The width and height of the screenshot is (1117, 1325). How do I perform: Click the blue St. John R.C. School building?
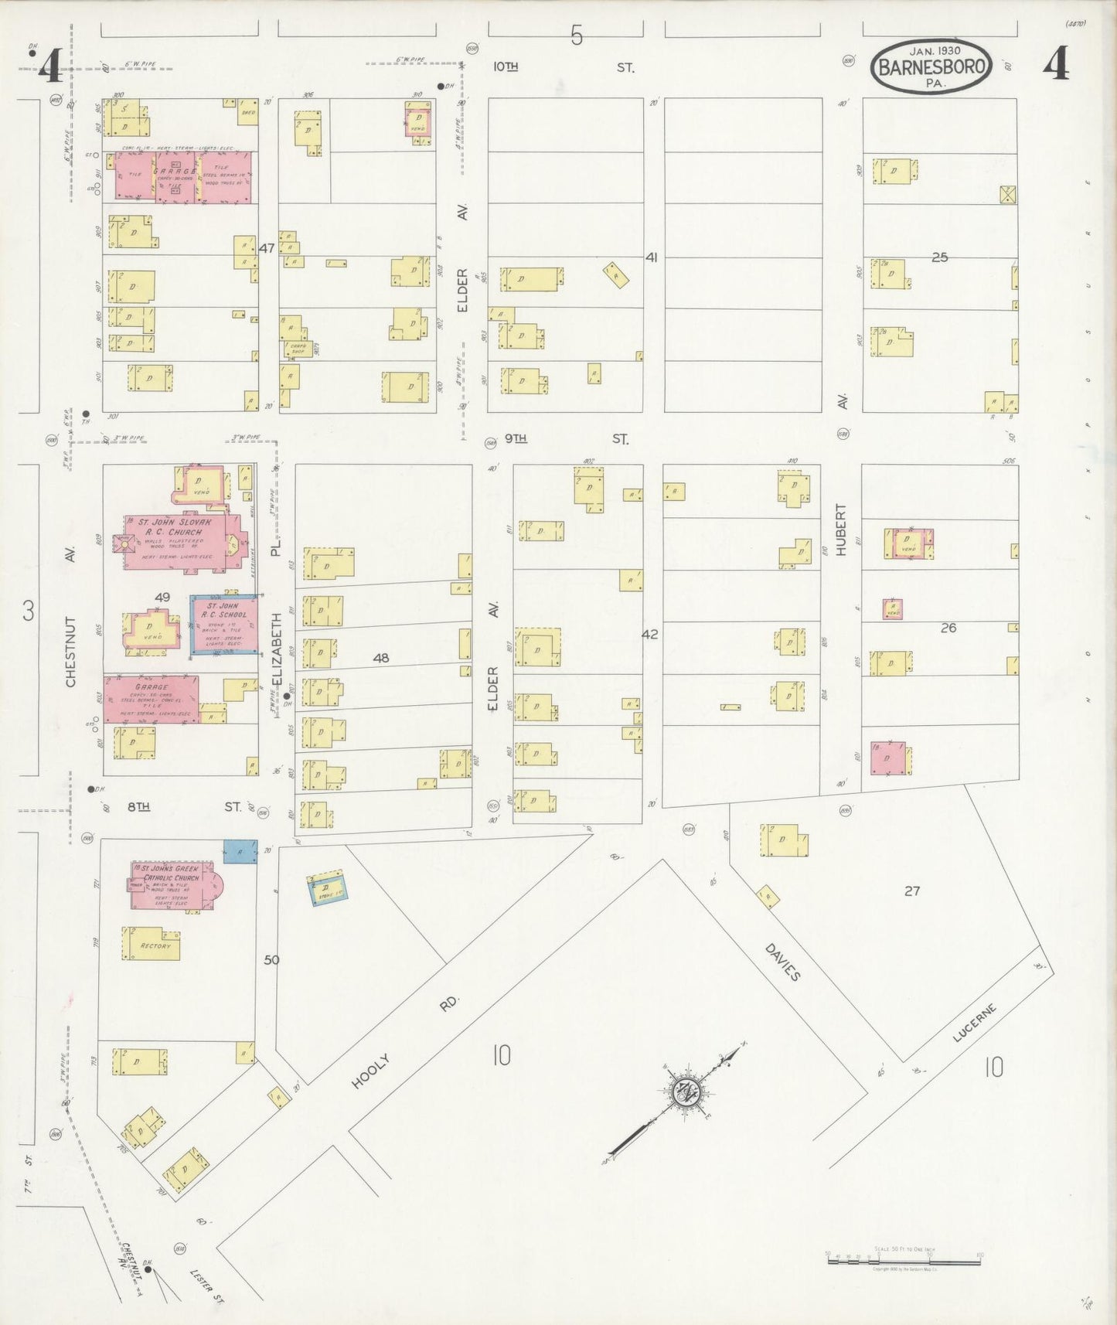(x=224, y=625)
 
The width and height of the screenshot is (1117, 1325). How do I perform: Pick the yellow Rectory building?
(x=152, y=945)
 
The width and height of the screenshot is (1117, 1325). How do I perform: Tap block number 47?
(x=267, y=248)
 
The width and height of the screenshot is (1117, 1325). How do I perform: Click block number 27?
(x=912, y=891)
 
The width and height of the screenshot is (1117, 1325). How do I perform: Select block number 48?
(x=380, y=658)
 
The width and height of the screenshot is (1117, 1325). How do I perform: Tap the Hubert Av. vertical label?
(x=841, y=530)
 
